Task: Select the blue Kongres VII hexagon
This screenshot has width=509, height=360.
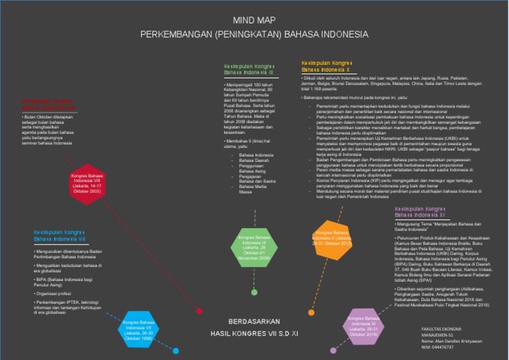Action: click(x=139, y=328)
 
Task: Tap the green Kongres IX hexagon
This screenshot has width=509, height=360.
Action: click(x=254, y=248)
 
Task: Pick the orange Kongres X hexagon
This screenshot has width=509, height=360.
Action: click(x=332, y=238)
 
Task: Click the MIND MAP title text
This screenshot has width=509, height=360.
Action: click(x=254, y=21)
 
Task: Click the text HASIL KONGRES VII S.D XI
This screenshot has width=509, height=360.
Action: click(x=255, y=334)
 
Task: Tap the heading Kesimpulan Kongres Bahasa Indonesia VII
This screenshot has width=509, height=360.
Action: click(x=60, y=236)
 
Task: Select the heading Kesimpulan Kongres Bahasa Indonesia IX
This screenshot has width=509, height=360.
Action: click(x=249, y=70)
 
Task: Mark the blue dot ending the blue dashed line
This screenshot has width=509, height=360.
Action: click(x=176, y=351)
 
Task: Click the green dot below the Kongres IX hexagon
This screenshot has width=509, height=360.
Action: click(x=254, y=292)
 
